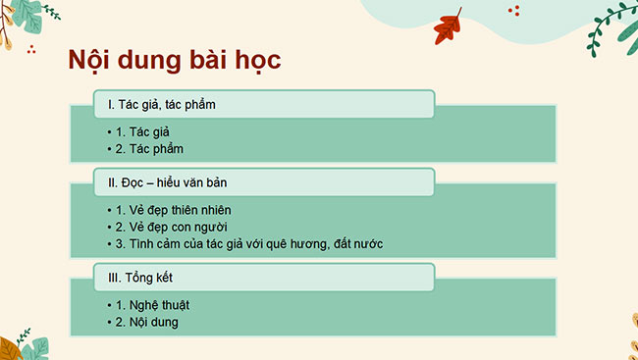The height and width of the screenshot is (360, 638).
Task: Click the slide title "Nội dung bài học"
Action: coord(175,60)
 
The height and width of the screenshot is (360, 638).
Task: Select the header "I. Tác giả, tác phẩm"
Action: coord(161,105)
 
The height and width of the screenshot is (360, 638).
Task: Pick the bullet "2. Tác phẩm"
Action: coord(151,149)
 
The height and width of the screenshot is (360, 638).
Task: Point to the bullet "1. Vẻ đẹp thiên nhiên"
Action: coord(174,208)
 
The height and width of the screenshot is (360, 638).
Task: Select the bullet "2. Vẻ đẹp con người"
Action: coord(172,226)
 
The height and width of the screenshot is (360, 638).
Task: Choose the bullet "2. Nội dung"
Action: coord(148,321)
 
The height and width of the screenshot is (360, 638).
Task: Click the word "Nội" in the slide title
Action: coord(88,60)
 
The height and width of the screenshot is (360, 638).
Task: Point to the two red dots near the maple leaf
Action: coord(514,10)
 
